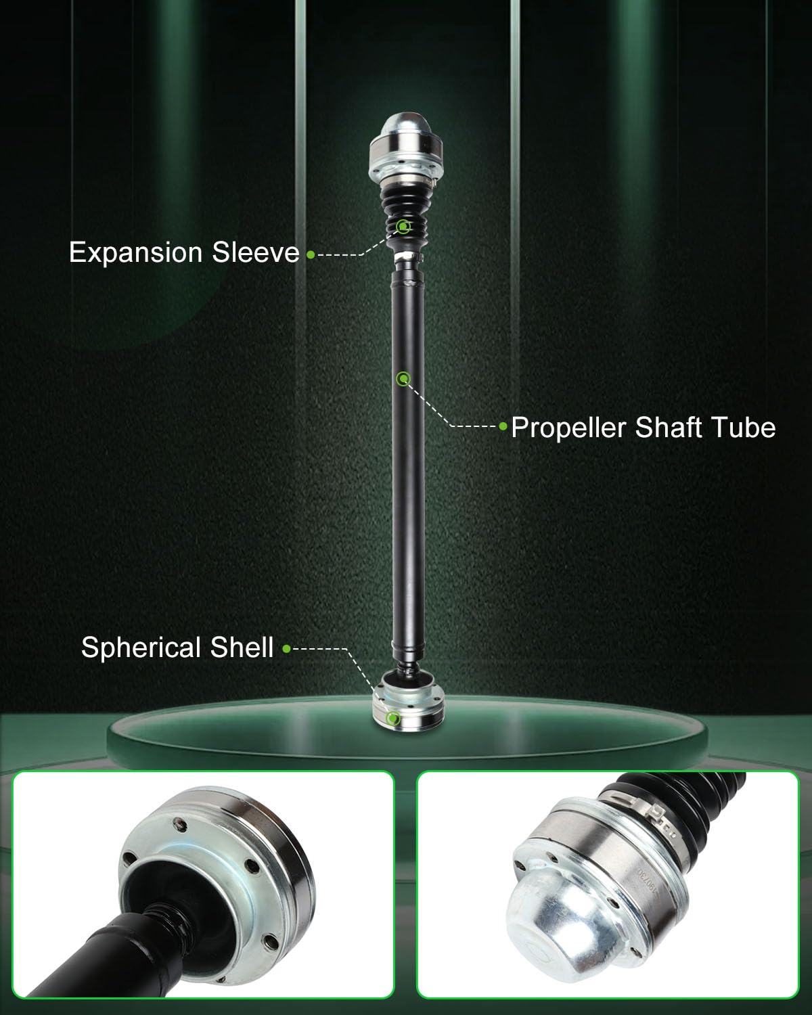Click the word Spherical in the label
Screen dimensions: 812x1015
(x=141, y=648)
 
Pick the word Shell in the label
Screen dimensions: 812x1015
(x=242, y=647)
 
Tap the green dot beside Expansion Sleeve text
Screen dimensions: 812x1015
(x=311, y=254)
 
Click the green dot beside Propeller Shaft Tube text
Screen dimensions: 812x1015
(x=503, y=426)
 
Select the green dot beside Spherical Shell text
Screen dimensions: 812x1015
(x=286, y=649)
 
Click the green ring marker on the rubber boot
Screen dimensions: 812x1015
(x=403, y=227)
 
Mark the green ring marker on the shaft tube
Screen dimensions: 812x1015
(x=403, y=378)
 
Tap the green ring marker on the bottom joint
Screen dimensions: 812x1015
(x=393, y=719)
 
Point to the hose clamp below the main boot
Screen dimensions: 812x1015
(x=409, y=256)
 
